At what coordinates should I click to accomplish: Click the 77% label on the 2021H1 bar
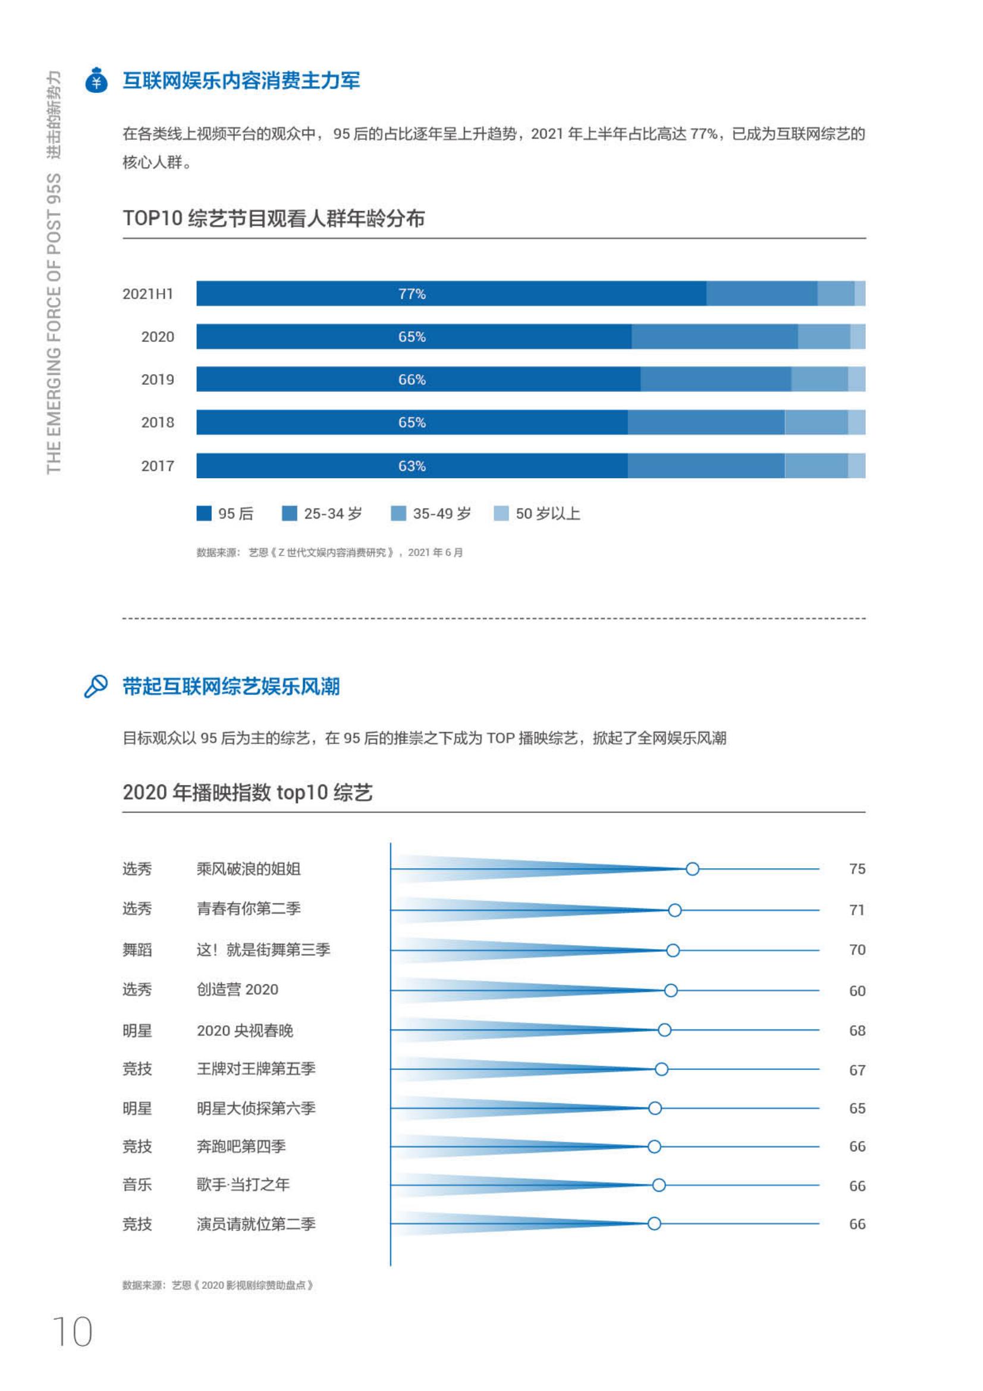(x=412, y=294)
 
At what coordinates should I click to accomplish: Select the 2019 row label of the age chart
(x=158, y=380)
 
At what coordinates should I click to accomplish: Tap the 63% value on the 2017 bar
(x=412, y=466)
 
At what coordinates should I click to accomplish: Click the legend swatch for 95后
(x=204, y=513)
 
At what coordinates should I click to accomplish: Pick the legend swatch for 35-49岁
(x=398, y=513)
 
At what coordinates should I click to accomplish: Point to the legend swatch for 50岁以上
(x=501, y=513)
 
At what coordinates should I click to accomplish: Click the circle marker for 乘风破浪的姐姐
(x=692, y=869)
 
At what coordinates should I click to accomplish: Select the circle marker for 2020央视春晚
(x=664, y=1030)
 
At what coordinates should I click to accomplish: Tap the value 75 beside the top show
(x=857, y=869)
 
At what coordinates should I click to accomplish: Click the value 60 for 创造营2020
(x=857, y=991)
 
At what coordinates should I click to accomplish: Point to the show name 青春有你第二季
(x=249, y=909)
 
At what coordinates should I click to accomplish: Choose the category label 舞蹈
(x=137, y=949)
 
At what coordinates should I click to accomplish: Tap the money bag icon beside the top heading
(x=96, y=80)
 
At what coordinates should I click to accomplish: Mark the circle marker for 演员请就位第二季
(x=654, y=1224)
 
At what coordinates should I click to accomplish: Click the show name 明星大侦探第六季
(x=256, y=1108)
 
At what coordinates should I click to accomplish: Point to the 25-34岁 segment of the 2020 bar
(x=715, y=337)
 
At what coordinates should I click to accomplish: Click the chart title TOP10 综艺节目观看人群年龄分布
(x=274, y=218)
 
